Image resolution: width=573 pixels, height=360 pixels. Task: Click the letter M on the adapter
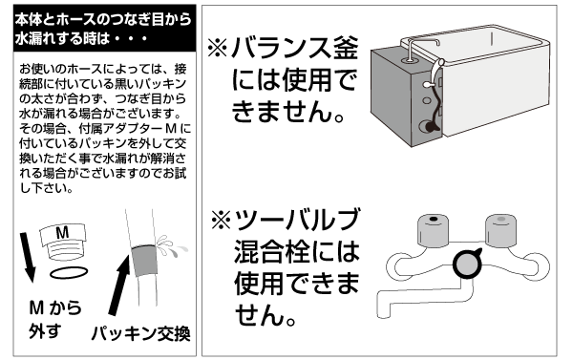click(x=63, y=232)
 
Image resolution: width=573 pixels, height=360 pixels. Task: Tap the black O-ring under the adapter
click(x=69, y=273)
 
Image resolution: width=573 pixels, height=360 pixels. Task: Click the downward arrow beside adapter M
click(x=27, y=257)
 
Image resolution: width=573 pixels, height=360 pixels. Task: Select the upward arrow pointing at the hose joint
click(x=120, y=285)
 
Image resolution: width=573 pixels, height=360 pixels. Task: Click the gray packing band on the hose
click(x=144, y=261)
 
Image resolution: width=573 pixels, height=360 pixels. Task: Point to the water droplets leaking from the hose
click(x=171, y=245)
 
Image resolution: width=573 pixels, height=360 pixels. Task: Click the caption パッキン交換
click(x=140, y=333)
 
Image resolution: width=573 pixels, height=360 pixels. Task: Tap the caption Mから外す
click(x=54, y=319)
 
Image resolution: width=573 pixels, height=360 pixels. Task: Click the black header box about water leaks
click(x=104, y=28)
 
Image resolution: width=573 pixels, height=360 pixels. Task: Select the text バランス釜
click(x=294, y=49)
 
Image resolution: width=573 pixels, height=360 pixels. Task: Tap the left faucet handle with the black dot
click(x=433, y=229)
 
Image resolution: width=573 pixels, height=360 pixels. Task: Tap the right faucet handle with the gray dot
click(x=501, y=229)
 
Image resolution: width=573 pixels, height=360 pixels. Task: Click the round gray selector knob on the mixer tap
click(x=467, y=264)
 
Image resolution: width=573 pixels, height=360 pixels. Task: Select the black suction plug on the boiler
click(x=429, y=127)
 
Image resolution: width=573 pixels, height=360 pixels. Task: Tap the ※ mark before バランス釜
click(x=218, y=49)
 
